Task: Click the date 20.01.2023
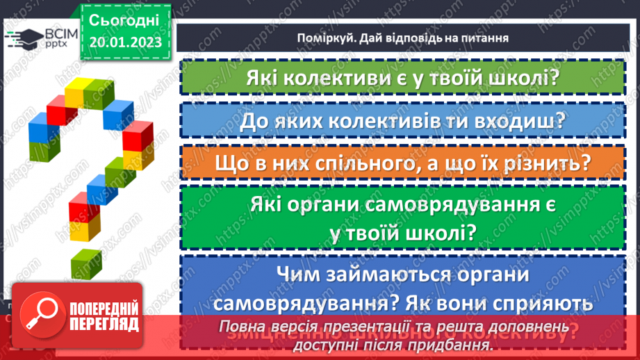125,42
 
